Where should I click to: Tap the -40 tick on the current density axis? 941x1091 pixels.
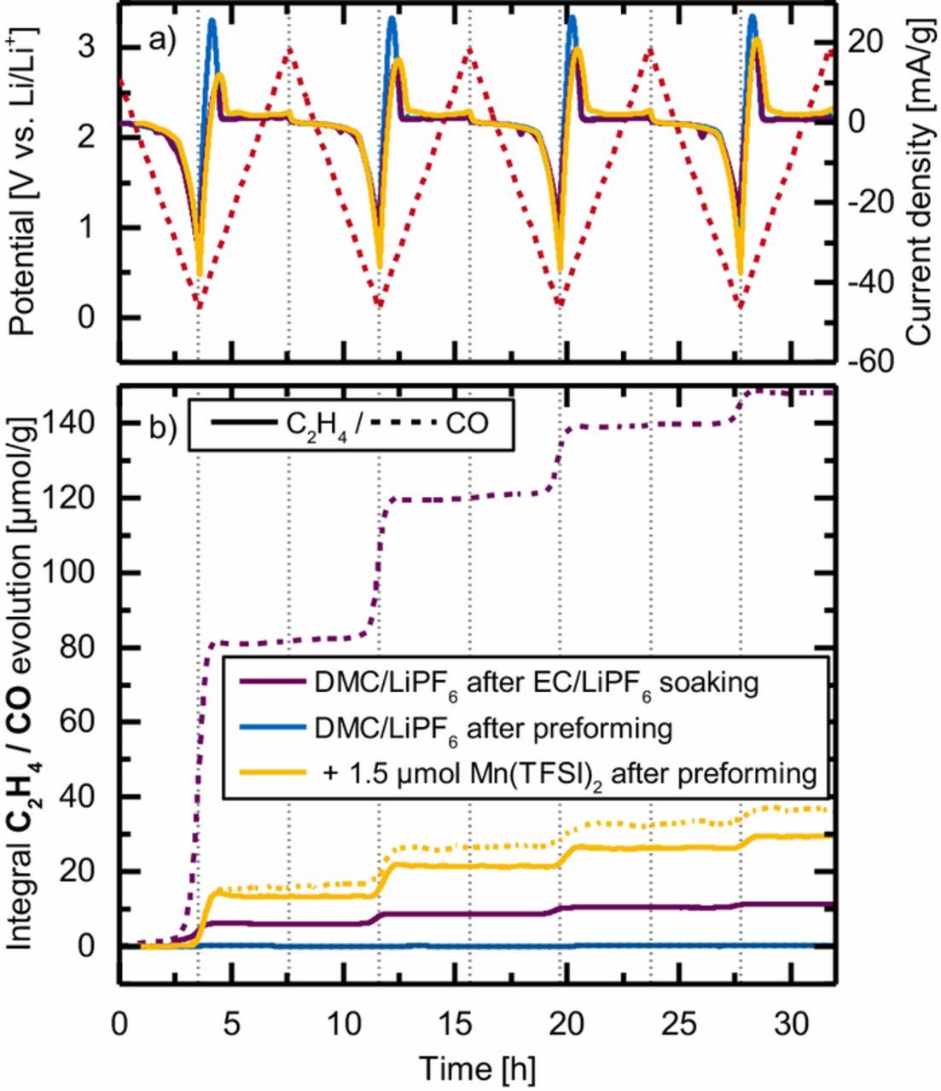click(871, 282)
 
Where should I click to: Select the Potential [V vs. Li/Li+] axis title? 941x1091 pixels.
click(25, 181)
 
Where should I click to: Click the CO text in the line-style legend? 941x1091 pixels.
click(467, 423)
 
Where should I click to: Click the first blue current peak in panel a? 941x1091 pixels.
click(212, 22)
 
